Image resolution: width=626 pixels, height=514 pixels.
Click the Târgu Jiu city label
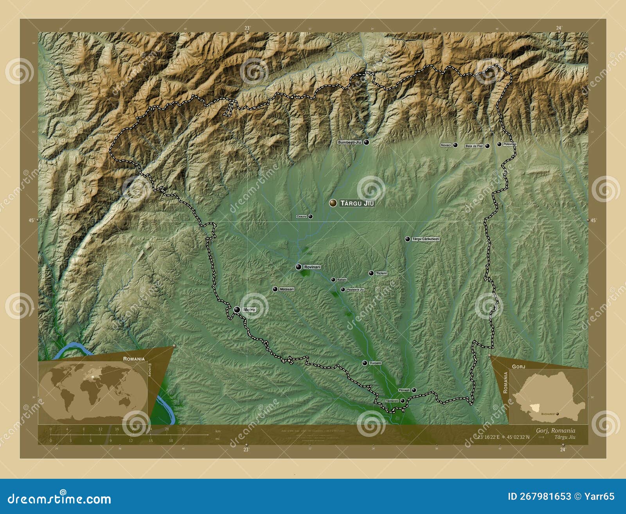click(x=357, y=203)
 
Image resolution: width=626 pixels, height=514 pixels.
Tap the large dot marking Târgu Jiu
click(x=333, y=203)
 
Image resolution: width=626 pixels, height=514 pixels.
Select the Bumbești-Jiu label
click(x=349, y=143)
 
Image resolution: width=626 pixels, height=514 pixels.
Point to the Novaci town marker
click(x=455, y=145)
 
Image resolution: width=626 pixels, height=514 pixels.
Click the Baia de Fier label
click(x=474, y=146)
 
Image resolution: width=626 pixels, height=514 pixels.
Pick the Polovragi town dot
click(x=499, y=144)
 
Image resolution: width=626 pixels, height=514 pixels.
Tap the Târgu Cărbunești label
click(x=426, y=239)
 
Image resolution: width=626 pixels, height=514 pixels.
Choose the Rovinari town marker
click(x=299, y=267)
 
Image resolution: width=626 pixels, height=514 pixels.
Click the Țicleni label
click(x=381, y=273)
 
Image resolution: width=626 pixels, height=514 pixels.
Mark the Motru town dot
click(x=237, y=309)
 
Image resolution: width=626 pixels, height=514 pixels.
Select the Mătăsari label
click(x=287, y=289)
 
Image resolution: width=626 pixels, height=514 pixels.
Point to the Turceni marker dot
click(x=365, y=363)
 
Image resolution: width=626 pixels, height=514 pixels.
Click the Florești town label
click(x=404, y=390)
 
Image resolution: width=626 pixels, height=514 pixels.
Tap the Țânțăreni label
click(x=392, y=401)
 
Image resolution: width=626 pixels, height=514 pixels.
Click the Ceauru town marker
click(x=310, y=216)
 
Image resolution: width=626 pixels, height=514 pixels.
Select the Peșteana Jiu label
click(x=355, y=289)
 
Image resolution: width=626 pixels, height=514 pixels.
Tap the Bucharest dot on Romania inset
click(x=558, y=413)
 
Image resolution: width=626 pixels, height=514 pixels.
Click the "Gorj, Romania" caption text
click(x=556, y=431)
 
